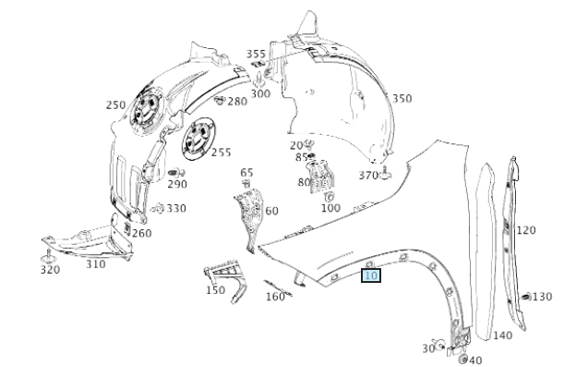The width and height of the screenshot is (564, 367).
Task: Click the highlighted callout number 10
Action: point(371,275)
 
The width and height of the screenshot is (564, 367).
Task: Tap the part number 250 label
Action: point(115,104)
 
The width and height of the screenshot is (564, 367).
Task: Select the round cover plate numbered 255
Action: point(198,139)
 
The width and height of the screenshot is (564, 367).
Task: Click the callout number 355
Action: point(256,54)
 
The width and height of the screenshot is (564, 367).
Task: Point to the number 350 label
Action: point(402,98)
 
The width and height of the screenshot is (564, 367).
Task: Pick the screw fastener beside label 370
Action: point(386,174)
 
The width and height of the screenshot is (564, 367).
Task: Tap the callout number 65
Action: point(246,173)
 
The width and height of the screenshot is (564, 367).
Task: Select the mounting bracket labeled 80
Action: point(321,177)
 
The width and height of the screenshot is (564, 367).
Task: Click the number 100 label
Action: point(330,208)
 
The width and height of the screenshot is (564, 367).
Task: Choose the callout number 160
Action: point(275,297)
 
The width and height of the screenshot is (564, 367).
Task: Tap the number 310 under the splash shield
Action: point(96,264)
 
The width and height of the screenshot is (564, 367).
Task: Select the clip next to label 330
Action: point(158,208)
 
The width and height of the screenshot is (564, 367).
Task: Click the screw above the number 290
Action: point(176,173)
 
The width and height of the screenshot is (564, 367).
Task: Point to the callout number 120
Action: point(526,230)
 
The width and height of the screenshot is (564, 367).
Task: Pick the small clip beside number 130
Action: point(526,297)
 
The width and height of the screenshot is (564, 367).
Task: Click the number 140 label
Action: point(502,336)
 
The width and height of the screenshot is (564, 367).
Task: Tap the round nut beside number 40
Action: point(463,359)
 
